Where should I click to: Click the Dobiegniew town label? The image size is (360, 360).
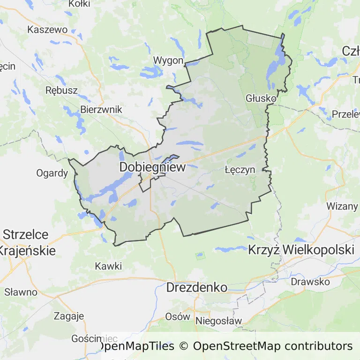point(152,167)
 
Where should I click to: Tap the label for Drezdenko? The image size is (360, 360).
point(197,287)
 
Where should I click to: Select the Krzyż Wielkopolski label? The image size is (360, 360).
point(301,249)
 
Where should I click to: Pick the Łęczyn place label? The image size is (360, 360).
point(240,170)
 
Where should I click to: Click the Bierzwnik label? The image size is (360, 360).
point(101,109)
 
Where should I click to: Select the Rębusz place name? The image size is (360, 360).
point(61,90)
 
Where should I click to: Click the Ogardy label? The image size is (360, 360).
point(52,173)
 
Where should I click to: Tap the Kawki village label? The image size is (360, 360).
point(108,266)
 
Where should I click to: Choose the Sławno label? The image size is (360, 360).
point(21,292)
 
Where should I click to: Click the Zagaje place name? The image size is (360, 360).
point(69,315)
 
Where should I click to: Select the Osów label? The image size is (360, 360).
point(178,316)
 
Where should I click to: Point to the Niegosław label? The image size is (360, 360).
point(218,321)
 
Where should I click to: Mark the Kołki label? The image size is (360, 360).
point(79,4)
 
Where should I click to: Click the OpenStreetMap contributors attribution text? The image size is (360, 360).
point(273,346)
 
